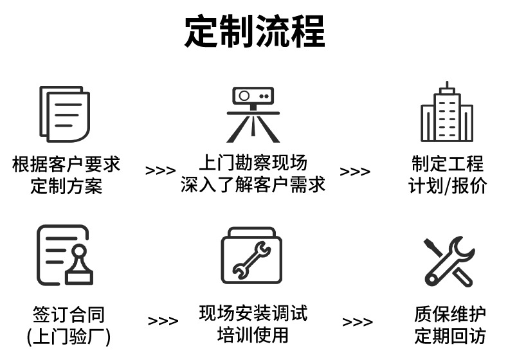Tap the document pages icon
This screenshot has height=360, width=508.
coord(64,114)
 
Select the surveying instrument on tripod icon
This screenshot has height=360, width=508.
coord(253,114)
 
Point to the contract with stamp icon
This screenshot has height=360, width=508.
coord(64,255)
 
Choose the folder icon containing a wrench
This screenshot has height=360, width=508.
coord(252,255)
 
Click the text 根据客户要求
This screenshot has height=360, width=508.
coord(66,164)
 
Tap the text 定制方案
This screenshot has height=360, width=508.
coord(66,186)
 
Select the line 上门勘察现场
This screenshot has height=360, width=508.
coord(253,162)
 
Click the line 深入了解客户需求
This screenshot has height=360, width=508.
coord(253,184)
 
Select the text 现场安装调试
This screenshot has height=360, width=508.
coord(253,313)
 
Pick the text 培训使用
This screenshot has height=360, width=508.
coord(253,335)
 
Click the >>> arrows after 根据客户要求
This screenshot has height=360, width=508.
coord(160,171)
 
